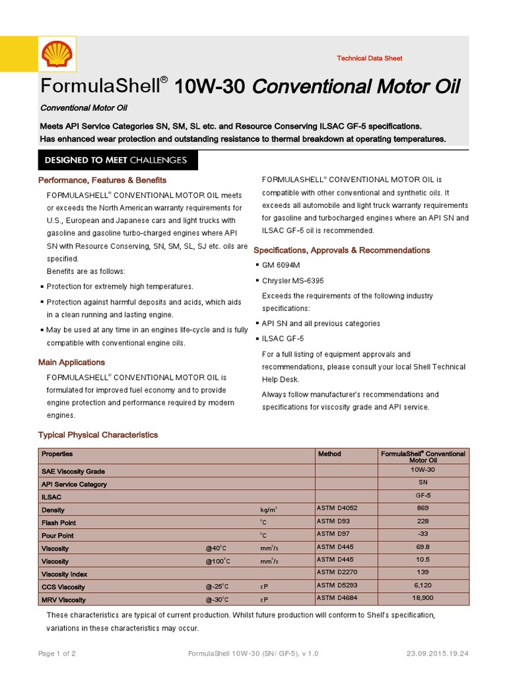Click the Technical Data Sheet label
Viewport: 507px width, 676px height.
[x=369, y=59]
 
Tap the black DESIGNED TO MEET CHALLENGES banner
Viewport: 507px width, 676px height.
[x=116, y=160]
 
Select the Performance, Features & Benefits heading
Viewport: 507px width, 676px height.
[x=102, y=180]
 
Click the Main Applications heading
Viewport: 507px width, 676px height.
[x=71, y=362]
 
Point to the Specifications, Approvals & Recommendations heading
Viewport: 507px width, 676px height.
[x=342, y=250]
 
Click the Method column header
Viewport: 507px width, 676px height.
[x=329, y=454]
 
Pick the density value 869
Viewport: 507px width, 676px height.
[x=422, y=508]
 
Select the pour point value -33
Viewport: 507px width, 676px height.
[x=422, y=534]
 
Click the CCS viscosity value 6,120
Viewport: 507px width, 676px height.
[x=422, y=586]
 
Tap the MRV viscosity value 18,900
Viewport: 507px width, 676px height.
[x=422, y=599]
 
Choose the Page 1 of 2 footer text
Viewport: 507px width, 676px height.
[x=57, y=653]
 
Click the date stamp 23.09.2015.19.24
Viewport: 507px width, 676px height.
[x=438, y=653]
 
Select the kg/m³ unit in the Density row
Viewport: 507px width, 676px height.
[x=269, y=510]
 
